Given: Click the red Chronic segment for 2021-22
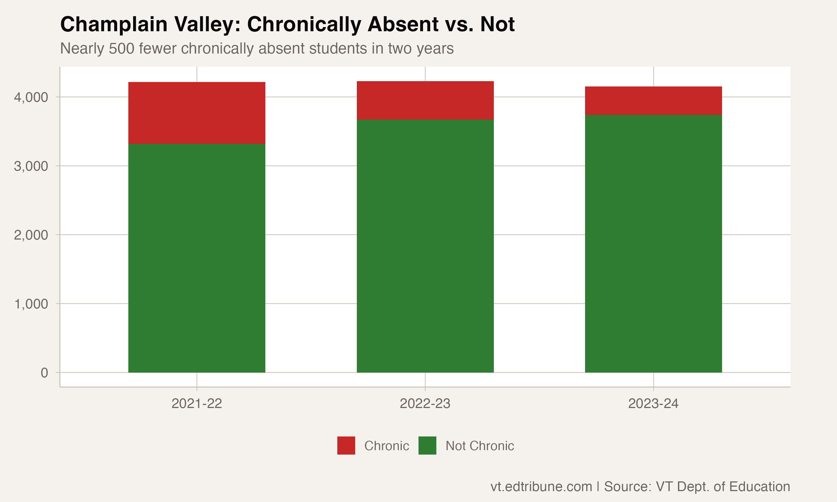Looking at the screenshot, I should [197, 113].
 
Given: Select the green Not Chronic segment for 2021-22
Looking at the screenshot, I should [197, 258].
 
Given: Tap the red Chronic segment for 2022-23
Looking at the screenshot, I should [425, 100].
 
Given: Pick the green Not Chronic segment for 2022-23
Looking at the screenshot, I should [425, 246].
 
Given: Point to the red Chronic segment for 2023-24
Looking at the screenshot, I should [653, 101].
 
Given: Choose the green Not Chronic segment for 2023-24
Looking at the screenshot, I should [653, 243].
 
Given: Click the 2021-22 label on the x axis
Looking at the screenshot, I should [197, 404].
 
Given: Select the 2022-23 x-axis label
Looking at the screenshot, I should [425, 404].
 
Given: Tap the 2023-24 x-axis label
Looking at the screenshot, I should [653, 404].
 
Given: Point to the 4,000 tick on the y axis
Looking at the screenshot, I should [31, 97].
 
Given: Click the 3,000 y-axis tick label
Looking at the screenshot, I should [31, 166].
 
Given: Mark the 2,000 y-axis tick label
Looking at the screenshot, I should [31, 235].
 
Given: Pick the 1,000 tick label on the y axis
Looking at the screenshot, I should [31, 304].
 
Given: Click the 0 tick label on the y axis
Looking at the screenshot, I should [44, 373].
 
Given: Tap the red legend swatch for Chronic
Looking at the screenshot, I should [346, 445].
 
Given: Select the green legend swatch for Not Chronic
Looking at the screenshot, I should [427, 445].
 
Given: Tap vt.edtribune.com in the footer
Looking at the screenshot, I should [541, 486].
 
